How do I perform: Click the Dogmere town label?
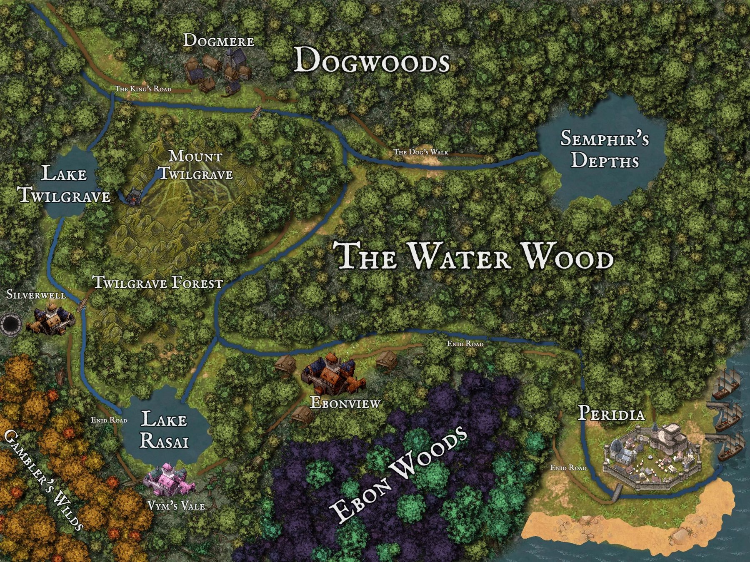219,41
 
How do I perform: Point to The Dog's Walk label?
421,152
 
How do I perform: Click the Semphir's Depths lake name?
604,149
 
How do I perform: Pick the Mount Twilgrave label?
195,165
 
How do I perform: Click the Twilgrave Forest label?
158,283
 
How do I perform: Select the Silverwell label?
36,295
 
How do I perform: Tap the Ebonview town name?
345,403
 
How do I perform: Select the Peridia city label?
611,414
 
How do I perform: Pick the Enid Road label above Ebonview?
465,344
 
